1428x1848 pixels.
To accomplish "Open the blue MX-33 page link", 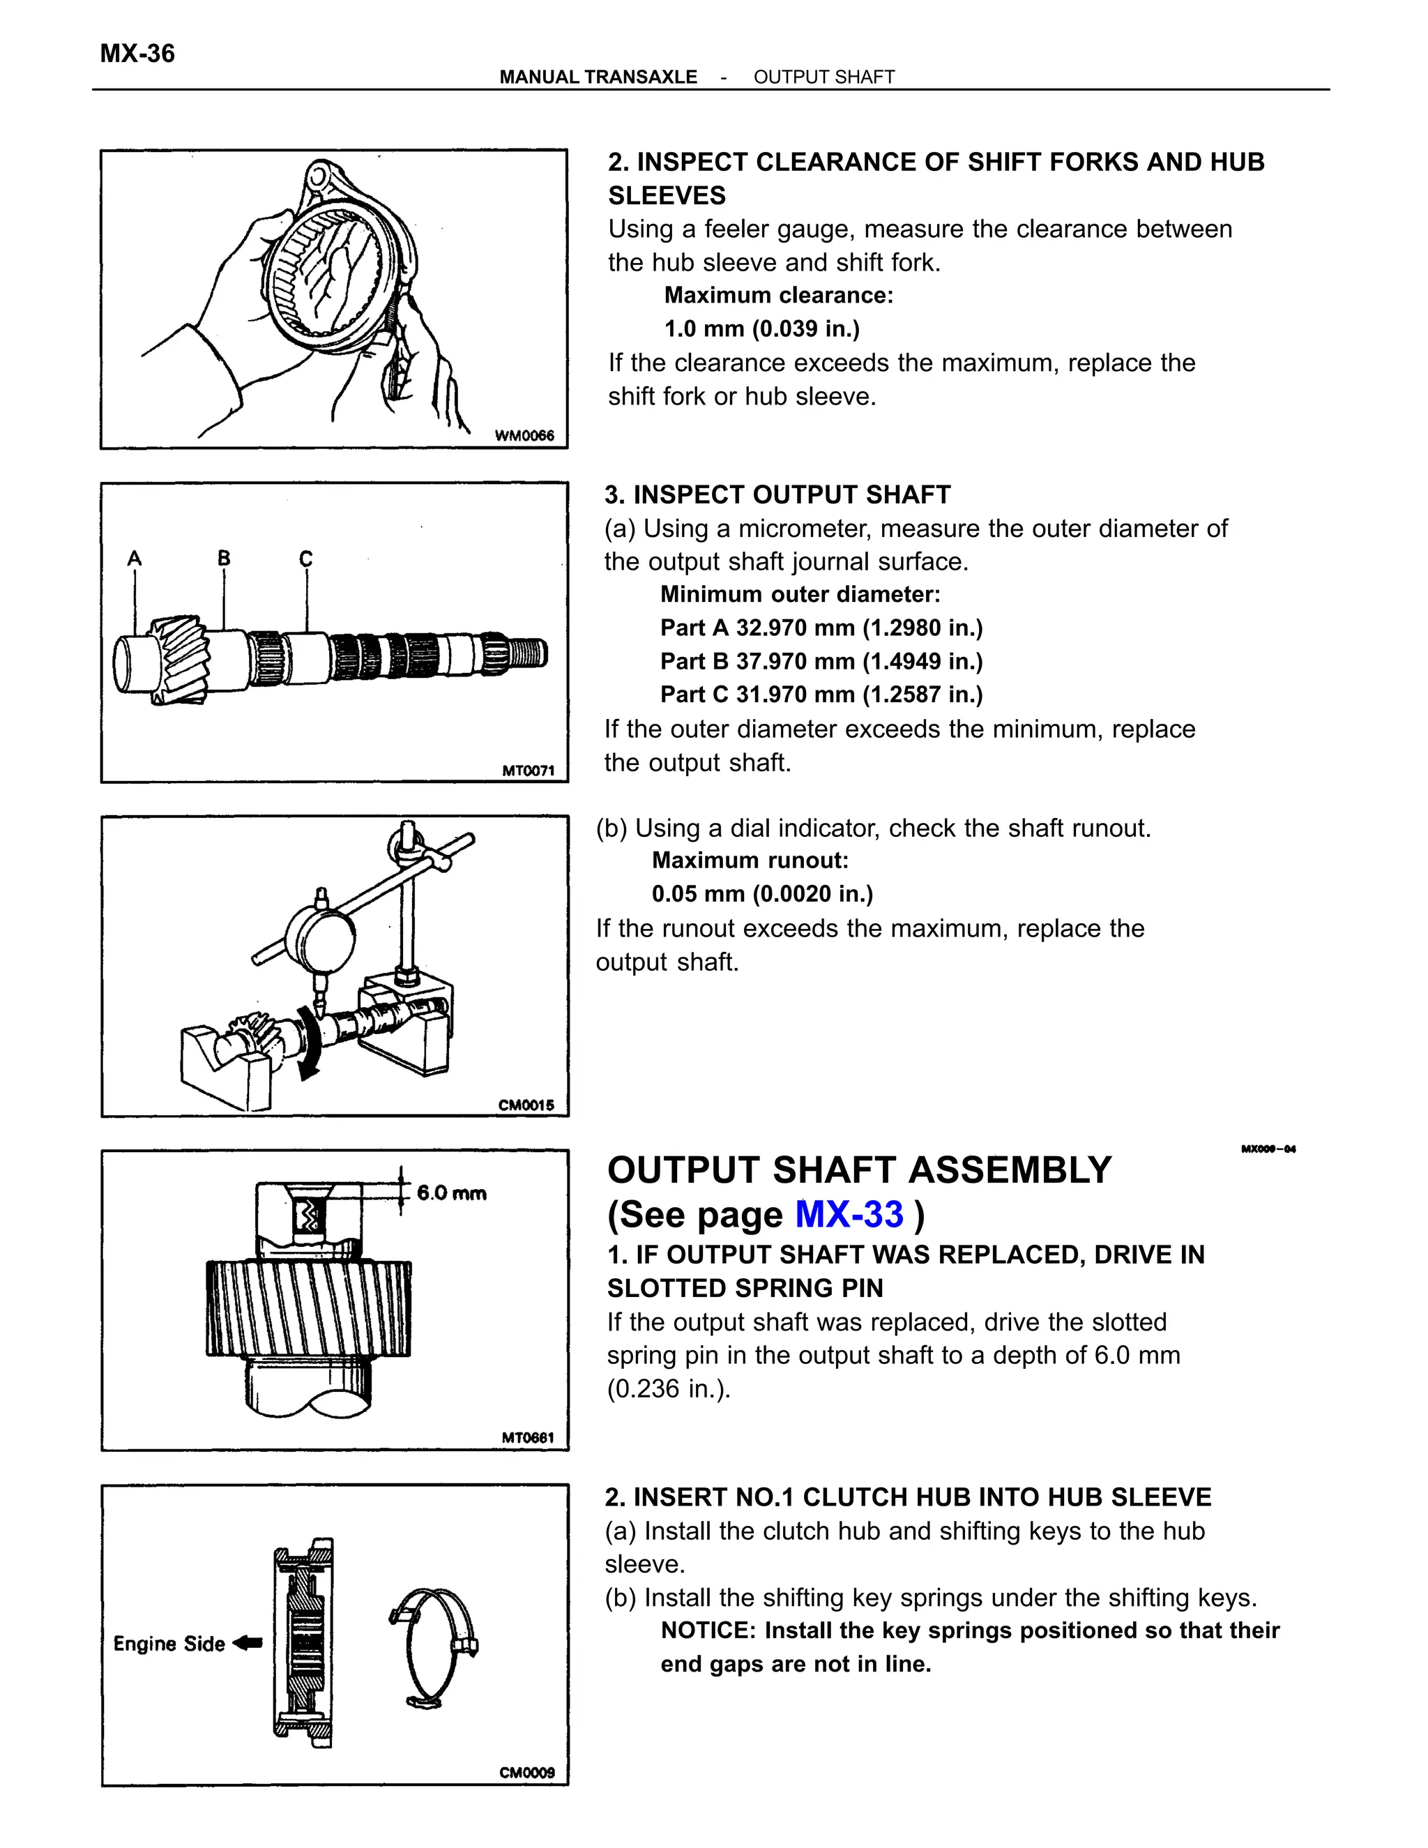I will [x=849, y=1214].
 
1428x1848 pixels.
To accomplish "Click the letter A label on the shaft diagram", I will [x=135, y=559].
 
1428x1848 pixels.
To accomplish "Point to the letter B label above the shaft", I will [x=223, y=558].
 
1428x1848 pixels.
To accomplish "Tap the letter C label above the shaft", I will [x=305, y=559].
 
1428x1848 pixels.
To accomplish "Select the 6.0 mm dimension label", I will [x=451, y=1193].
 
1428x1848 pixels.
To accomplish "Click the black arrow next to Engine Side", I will [x=248, y=1642].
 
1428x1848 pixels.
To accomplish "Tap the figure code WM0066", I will [x=524, y=435].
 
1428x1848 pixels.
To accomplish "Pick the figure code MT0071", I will [x=528, y=770].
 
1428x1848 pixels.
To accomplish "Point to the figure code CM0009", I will [x=527, y=1772].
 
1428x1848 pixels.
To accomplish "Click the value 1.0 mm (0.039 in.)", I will [x=761, y=328].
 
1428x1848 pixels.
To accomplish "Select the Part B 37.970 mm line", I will [x=821, y=661].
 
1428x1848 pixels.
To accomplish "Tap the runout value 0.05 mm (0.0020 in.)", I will [x=761, y=893].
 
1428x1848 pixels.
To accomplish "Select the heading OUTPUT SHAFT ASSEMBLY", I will [x=858, y=1170].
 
